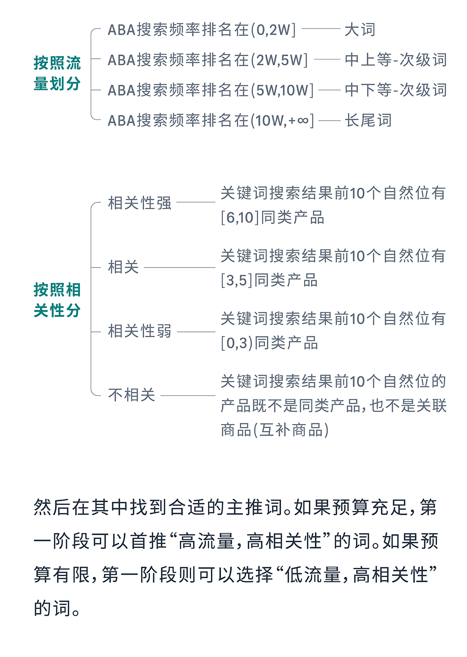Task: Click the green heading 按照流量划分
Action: pos(57,73)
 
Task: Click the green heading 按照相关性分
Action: pos(57,300)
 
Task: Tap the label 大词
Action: pos(360,30)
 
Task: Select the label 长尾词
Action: pos(368,120)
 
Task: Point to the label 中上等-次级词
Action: pos(396,60)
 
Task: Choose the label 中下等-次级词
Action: pos(396,90)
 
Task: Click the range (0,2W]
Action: pos(273,30)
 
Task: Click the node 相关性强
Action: pos(140,203)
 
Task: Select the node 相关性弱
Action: pos(140,331)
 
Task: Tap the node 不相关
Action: pos(131,395)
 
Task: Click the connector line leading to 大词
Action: pos(321,29)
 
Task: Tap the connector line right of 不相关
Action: pos(188,395)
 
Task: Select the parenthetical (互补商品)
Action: pos(291,430)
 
